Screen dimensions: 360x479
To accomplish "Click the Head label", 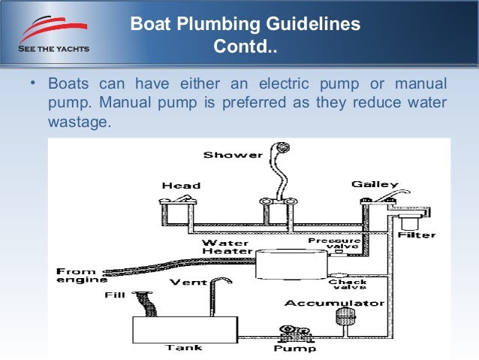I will click(x=181, y=186).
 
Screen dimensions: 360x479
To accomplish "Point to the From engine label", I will click(x=77, y=275).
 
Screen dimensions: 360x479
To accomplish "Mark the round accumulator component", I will click(x=346, y=316).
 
